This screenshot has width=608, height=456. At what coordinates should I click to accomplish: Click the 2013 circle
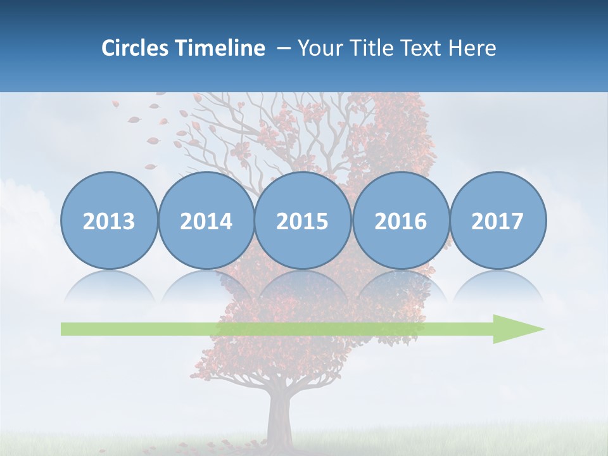pos(109,221)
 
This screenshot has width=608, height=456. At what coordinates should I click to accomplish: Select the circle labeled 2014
pos(206,221)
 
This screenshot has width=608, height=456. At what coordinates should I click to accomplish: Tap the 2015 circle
pos(303,221)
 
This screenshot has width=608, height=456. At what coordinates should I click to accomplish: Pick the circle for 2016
pos(401,221)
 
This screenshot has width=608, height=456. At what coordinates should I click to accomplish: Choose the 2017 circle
pos(498,221)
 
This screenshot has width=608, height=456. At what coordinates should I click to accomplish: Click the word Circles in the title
pos(136,48)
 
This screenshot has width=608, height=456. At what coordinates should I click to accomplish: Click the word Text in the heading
pos(420,48)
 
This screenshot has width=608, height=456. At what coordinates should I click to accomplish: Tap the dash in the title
pos(284,48)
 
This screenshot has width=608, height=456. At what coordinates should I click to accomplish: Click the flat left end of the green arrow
pos(63,329)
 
